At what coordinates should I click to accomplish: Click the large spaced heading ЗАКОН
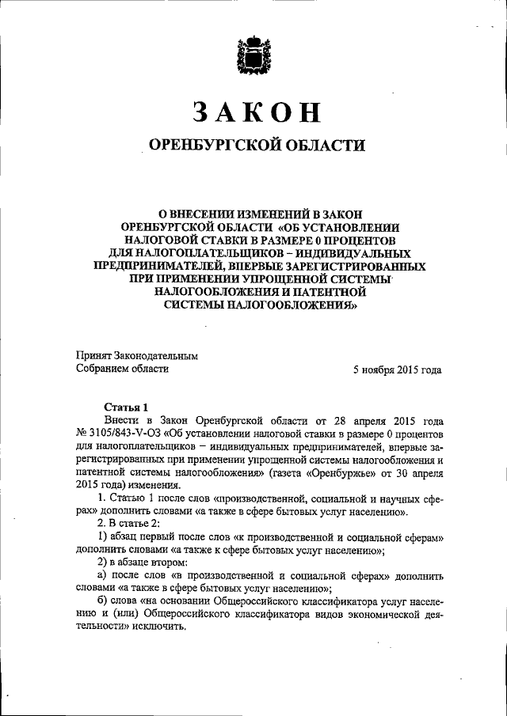[x=254, y=113]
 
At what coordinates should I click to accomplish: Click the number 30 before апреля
[x=399, y=473]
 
